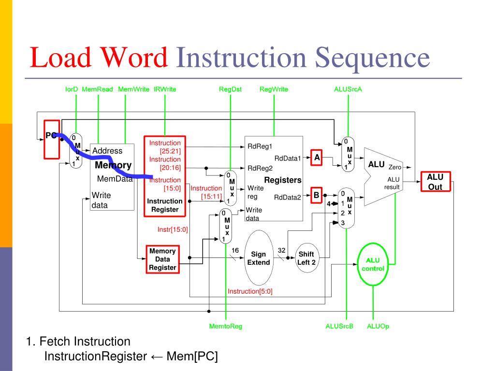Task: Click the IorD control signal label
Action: click(72, 89)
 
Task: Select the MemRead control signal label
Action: click(98, 89)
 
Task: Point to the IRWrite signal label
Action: click(165, 89)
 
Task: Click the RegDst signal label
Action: click(230, 89)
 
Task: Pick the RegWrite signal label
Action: click(274, 89)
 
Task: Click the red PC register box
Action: click(52, 139)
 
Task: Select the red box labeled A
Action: click(317, 157)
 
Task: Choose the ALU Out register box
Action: click(435, 182)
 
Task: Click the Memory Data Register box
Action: click(162, 259)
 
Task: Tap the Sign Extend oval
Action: click(259, 258)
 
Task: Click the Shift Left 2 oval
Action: click(306, 258)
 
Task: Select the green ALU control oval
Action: click(373, 264)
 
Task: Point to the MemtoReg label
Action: click(225, 326)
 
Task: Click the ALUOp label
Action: click(378, 326)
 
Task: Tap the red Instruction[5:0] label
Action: click(250, 291)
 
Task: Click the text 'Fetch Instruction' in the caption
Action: click(85, 342)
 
